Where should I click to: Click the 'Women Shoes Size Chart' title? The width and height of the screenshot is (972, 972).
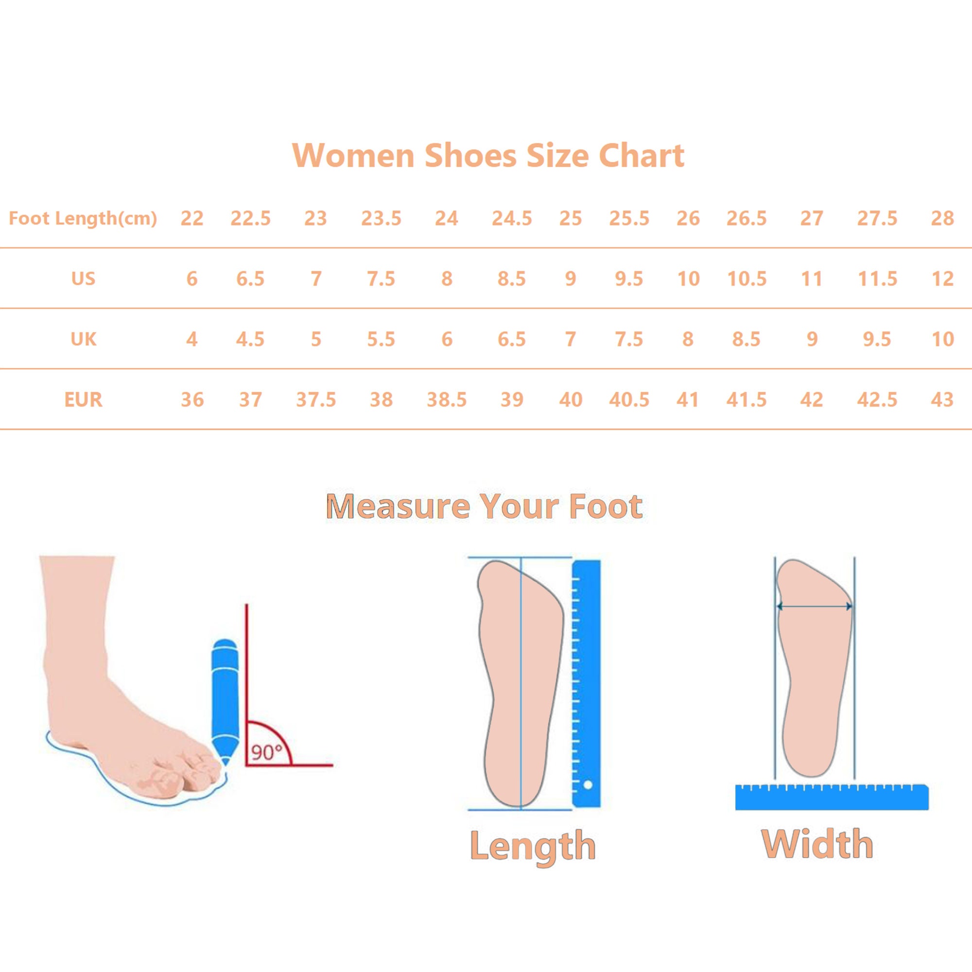click(x=488, y=155)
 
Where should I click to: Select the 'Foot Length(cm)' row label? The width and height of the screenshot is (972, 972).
click(x=83, y=218)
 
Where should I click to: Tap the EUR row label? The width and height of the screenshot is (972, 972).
click(x=83, y=400)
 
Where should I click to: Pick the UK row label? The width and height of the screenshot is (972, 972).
click(x=83, y=339)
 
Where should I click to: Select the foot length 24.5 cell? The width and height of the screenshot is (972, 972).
click(x=512, y=218)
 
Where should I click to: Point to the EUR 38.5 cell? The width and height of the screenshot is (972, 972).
click(x=447, y=400)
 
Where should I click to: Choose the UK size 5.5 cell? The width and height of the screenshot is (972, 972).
click(x=381, y=339)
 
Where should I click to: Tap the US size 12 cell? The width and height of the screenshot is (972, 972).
click(x=942, y=278)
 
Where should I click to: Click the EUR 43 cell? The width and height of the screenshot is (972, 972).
click(x=942, y=400)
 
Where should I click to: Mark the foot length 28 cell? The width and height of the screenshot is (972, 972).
click(x=942, y=218)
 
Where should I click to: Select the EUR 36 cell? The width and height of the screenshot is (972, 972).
click(x=192, y=400)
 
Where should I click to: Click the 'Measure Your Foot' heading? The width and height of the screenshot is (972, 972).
click(x=485, y=506)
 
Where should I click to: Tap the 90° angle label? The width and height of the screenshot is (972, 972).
click(x=267, y=753)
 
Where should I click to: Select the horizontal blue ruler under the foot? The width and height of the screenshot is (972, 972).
click(x=832, y=797)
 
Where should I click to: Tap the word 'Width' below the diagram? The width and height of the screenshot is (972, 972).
click(x=817, y=844)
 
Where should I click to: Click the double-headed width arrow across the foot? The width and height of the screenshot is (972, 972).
click(x=815, y=606)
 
